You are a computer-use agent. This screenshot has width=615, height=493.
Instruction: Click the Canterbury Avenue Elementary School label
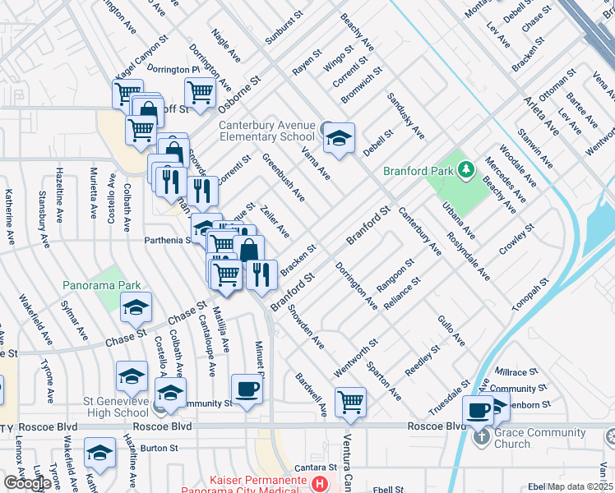coord(266,131)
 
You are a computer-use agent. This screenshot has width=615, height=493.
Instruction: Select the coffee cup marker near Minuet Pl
coord(247,389)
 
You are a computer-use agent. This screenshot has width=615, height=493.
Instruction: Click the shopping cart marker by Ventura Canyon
coord(351,403)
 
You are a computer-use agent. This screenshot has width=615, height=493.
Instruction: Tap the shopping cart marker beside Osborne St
coord(200,94)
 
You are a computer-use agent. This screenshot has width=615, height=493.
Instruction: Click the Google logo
coord(27,483)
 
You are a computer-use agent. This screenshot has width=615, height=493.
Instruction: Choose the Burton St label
coord(159,449)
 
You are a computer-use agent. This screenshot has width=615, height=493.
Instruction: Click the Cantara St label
coord(313,467)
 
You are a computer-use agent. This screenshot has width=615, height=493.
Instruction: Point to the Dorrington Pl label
coord(173,70)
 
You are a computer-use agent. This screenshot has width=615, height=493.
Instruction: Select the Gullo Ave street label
coord(451,331)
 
